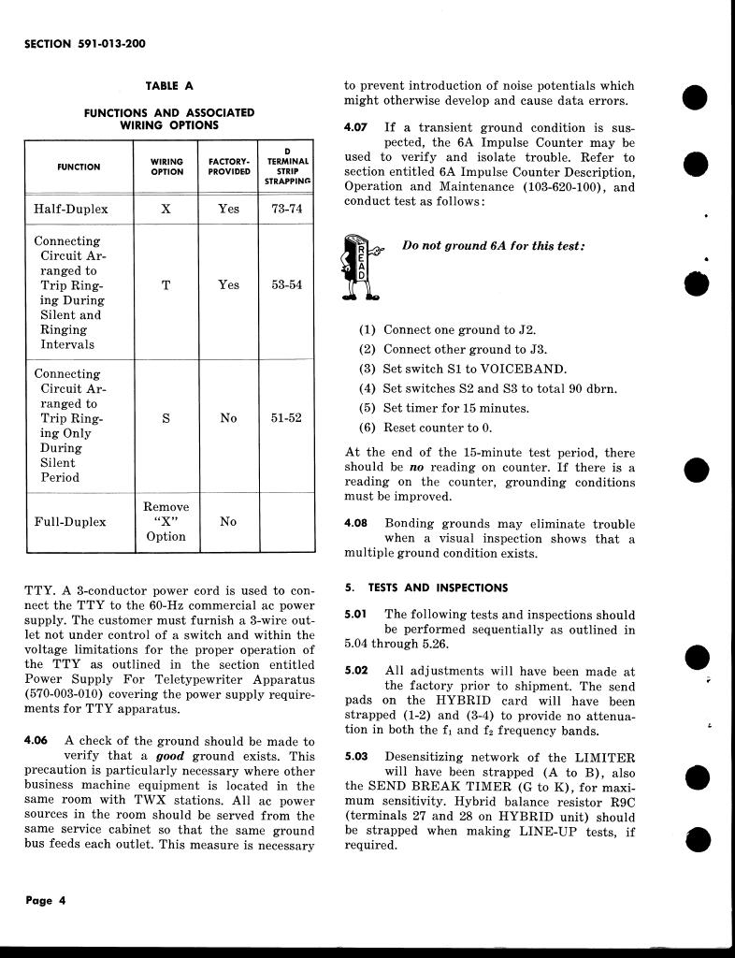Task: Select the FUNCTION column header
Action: [x=79, y=167]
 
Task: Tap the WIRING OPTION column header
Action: [x=166, y=167]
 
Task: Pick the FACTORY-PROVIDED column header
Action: [x=228, y=167]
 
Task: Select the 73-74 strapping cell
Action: [x=286, y=210]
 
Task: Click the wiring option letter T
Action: [x=166, y=285]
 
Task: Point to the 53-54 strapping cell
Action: [x=286, y=285]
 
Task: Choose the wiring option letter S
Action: [x=166, y=418]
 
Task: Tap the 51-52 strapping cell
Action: [x=286, y=418]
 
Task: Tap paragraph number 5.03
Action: [x=356, y=757]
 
